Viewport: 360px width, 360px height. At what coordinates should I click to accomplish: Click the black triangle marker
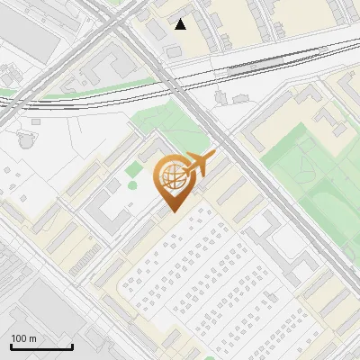click(x=181, y=24)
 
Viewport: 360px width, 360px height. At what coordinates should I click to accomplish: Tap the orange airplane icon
click(x=198, y=165)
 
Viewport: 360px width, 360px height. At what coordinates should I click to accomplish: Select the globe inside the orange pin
click(x=170, y=177)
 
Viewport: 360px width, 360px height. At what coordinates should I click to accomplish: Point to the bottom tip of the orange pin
click(x=171, y=212)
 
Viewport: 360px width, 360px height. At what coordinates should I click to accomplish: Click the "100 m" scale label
click(x=23, y=338)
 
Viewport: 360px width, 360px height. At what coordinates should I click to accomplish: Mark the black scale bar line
click(x=41, y=347)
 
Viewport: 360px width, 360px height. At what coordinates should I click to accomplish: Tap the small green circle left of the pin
click(x=132, y=185)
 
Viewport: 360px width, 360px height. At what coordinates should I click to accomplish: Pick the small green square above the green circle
click(x=134, y=168)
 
